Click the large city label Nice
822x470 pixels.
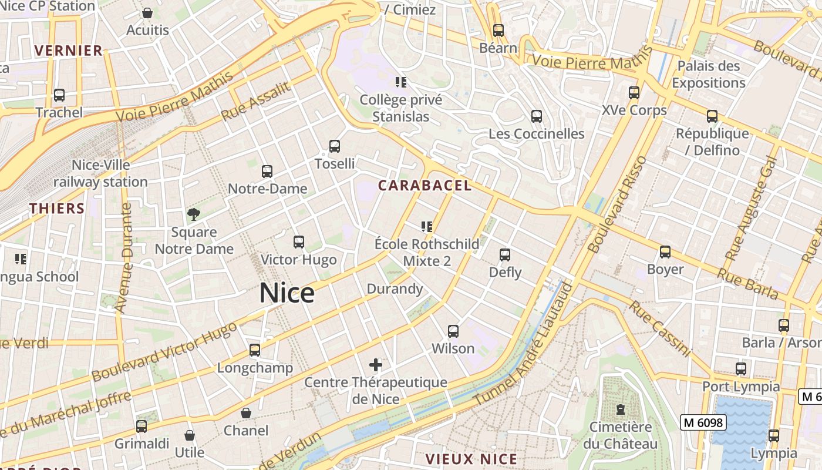(x=287, y=293)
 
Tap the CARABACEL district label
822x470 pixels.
(x=425, y=186)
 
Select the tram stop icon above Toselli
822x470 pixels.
(x=335, y=146)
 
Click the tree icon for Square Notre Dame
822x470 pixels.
(x=193, y=214)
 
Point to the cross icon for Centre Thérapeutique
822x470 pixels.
(x=376, y=365)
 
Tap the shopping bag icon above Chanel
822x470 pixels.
(x=246, y=413)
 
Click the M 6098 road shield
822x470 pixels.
(x=703, y=422)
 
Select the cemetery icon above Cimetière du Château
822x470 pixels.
(x=621, y=409)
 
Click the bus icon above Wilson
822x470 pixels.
(x=453, y=331)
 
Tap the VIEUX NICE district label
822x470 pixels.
(x=471, y=459)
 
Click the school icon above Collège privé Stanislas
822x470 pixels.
(x=401, y=82)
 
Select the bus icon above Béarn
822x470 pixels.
(x=498, y=30)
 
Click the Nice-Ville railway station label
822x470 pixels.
(x=101, y=173)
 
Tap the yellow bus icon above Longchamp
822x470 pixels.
(x=254, y=350)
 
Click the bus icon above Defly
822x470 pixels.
(x=505, y=254)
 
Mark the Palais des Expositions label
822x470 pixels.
(x=709, y=74)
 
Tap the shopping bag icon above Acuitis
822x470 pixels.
(x=147, y=13)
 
